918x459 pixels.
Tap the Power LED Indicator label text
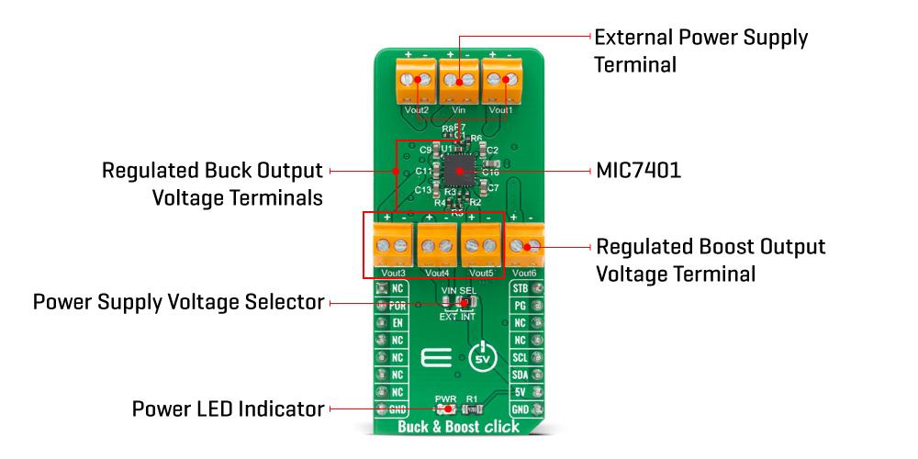pos(228,409)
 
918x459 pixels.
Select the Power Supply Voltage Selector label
pos(178,302)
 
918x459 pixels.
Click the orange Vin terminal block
pos(458,81)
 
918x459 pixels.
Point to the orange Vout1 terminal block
pos(500,81)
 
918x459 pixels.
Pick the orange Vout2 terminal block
pos(417,81)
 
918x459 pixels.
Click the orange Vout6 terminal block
pos(526,246)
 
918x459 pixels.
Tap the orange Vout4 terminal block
pos(437,246)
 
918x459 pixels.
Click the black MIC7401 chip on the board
pos(458,171)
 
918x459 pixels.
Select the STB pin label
pos(520,289)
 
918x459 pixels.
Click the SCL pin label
pos(520,357)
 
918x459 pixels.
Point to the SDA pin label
pos(520,375)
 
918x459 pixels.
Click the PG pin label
pos(521,306)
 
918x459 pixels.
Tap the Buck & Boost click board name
pos(458,427)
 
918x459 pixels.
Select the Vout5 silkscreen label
pos(481,273)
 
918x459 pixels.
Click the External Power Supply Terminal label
pos(701,51)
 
